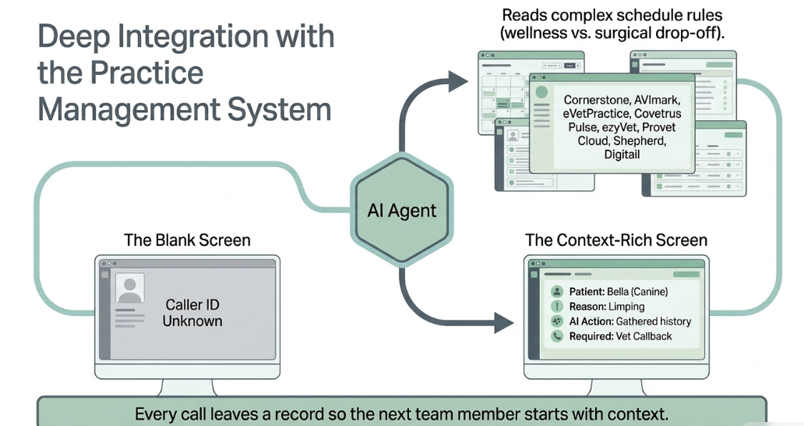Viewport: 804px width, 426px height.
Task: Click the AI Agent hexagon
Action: [x=402, y=210]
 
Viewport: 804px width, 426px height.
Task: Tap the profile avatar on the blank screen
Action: [x=130, y=288]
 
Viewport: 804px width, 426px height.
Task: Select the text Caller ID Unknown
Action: [x=192, y=313]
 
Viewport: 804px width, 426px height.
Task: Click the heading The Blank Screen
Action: [x=187, y=240]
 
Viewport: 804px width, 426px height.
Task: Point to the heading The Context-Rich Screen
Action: [x=615, y=240]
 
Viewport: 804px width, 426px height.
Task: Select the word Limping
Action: [x=626, y=307]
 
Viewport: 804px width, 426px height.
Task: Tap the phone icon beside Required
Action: [x=556, y=336]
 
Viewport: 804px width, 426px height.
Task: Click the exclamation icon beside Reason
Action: [x=556, y=307]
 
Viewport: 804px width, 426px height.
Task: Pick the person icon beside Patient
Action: [x=556, y=292]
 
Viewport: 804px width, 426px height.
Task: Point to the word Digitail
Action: [x=622, y=154]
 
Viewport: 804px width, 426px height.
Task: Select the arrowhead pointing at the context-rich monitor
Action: [x=503, y=323]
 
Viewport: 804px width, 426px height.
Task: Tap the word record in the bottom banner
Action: [x=299, y=414]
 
